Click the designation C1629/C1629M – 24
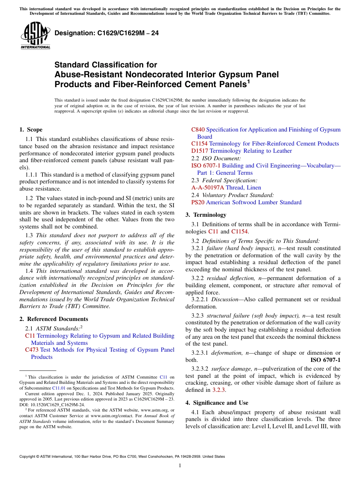pyautogui.click(x=106, y=33)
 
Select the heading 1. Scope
pyautogui.click(x=31, y=130)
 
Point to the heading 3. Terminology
pyautogui.click(x=205, y=215)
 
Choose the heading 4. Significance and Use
pyautogui.click(x=217, y=402)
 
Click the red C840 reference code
pyautogui.click(x=198, y=130)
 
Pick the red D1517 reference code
pyautogui.click(x=200, y=151)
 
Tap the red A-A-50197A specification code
pyautogui.click(x=208, y=188)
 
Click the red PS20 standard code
pyautogui.click(x=198, y=202)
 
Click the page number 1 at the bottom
pyautogui.click(x=180, y=466)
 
